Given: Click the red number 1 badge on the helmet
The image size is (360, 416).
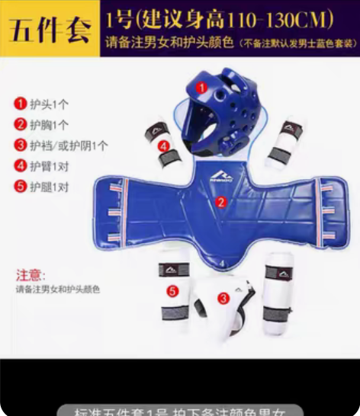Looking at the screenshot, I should click(201, 88).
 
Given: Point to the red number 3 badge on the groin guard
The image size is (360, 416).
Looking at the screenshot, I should click(223, 299).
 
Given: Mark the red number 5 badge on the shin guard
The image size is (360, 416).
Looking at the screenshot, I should click(173, 290).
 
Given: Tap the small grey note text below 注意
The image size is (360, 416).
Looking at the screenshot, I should click(57, 290).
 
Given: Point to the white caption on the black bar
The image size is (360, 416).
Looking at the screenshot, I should click(180, 409).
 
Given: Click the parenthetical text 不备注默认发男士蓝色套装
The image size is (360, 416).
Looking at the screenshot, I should click(297, 44).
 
